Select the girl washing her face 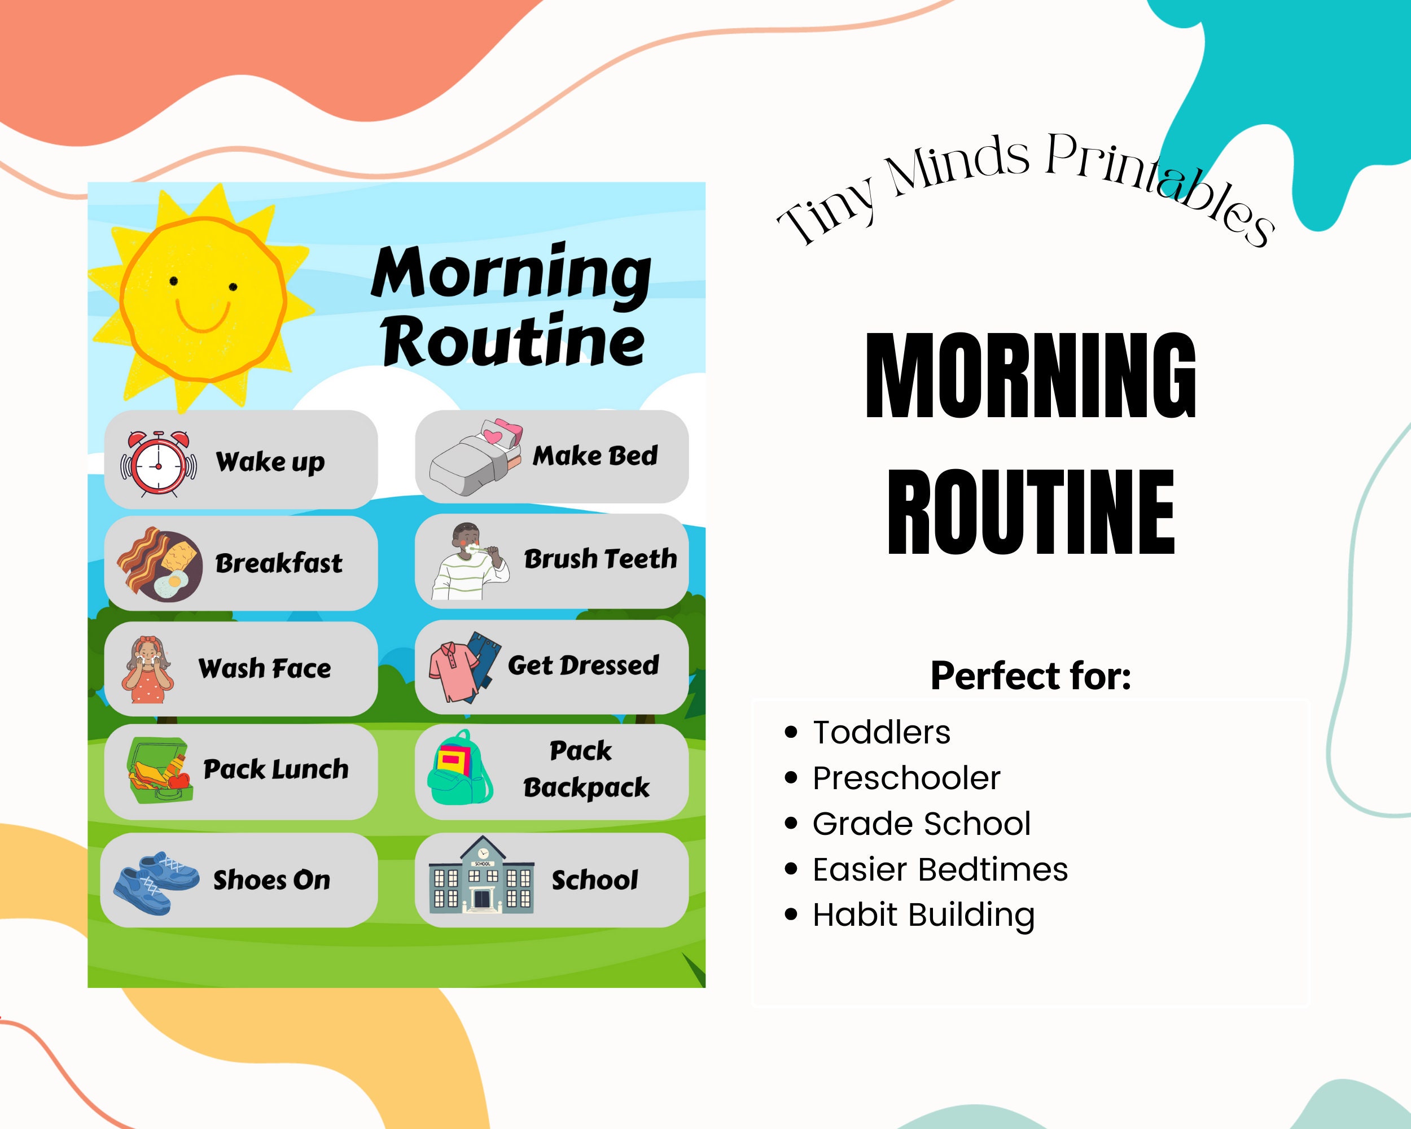pos(147,670)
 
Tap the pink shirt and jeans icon pos(465,668)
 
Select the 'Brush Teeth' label pos(600,559)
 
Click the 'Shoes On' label pos(271,880)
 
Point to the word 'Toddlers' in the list pos(881,732)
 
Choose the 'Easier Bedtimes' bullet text pos(940,870)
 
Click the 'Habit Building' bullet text pos(923,915)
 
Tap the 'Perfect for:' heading pos(1031,676)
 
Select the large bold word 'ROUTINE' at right pos(1031,513)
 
